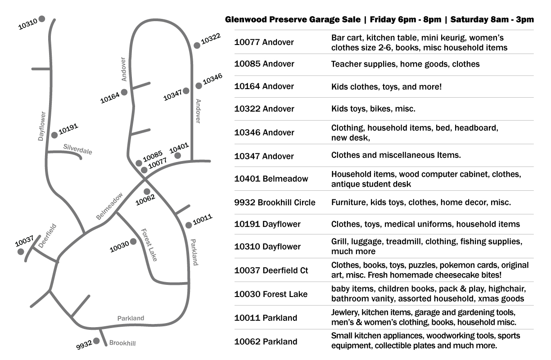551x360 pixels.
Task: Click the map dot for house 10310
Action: tap(42, 19)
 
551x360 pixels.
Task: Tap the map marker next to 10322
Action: tap(197, 45)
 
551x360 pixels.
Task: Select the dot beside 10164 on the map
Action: tap(124, 92)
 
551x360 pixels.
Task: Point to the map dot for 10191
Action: tap(54, 135)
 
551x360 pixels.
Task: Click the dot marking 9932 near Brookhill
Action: tap(96, 341)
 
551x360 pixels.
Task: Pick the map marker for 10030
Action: tap(133, 242)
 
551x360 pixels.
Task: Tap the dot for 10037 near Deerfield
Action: tap(21, 252)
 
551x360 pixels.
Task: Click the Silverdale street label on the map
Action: tap(78, 149)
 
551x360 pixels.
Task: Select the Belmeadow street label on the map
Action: tap(109, 206)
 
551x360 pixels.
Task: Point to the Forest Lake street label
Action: tap(149, 245)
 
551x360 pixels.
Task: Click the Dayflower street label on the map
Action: tap(42, 126)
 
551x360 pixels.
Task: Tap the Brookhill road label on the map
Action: tap(122, 343)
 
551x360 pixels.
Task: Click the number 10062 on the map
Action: tap(145, 200)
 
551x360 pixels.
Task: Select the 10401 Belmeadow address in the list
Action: tap(271, 179)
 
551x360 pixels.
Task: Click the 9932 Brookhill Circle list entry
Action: tap(275, 202)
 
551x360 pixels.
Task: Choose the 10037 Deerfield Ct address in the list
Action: tap(271, 270)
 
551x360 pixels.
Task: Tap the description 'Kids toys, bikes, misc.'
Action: tap(373, 109)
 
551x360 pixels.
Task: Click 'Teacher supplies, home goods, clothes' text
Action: tap(406, 64)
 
